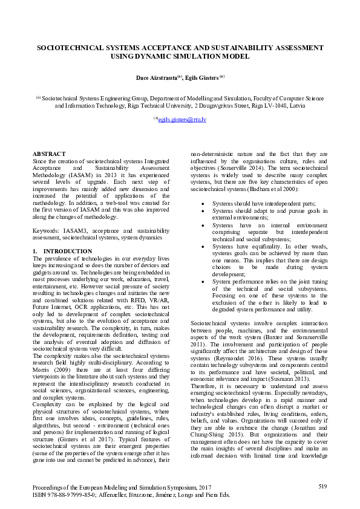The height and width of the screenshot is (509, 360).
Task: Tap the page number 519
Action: click(322, 486)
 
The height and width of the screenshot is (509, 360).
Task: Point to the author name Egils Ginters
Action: click(203, 77)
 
